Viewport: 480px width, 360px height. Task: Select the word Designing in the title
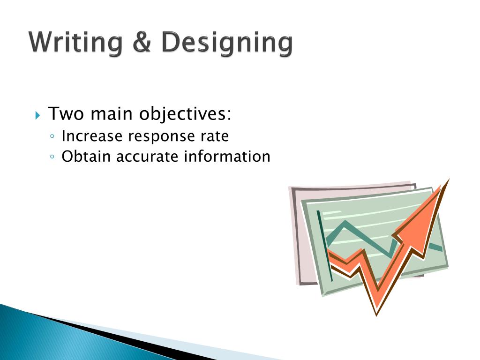click(x=227, y=44)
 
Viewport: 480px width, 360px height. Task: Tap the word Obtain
click(x=87, y=156)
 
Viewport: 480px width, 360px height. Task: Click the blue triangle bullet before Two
click(x=38, y=115)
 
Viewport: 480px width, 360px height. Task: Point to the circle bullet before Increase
click(x=52, y=137)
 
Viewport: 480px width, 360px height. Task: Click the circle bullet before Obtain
click(x=52, y=157)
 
